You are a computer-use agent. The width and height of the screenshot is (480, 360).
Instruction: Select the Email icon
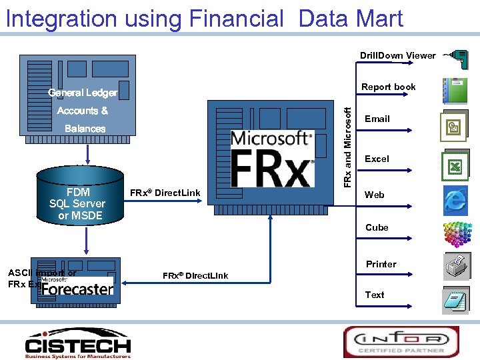click(x=454, y=127)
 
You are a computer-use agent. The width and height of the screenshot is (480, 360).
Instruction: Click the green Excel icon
click(x=455, y=166)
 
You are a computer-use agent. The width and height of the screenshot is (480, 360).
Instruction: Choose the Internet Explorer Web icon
click(x=455, y=199)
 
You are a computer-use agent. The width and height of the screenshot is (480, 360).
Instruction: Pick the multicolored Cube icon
click(x=457, y=233)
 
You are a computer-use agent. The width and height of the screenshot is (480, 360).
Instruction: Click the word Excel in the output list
click(x=377, y=159)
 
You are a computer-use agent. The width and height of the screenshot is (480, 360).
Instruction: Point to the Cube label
click(x=377, y=227)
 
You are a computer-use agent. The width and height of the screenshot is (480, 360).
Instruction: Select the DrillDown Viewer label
click(x=397, y=55)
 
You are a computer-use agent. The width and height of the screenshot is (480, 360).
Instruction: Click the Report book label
click(x=388, y=87)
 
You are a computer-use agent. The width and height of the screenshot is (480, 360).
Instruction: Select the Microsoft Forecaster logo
click(x=77, y=287)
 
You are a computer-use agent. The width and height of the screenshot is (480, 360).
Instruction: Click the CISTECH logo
click(x=78, y=343)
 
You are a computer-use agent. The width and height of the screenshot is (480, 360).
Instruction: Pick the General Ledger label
click(x=83, y=93)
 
